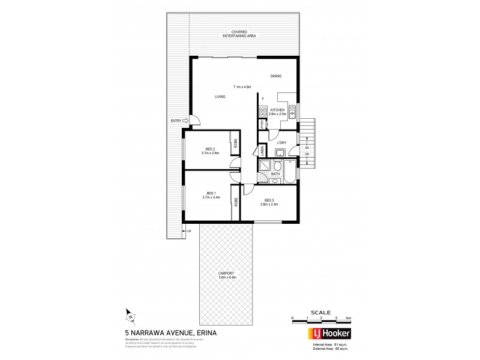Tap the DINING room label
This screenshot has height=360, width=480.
[x=275, y=76]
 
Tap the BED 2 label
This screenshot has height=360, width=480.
[x=210, y=149]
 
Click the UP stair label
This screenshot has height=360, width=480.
[x=189, y=231]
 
